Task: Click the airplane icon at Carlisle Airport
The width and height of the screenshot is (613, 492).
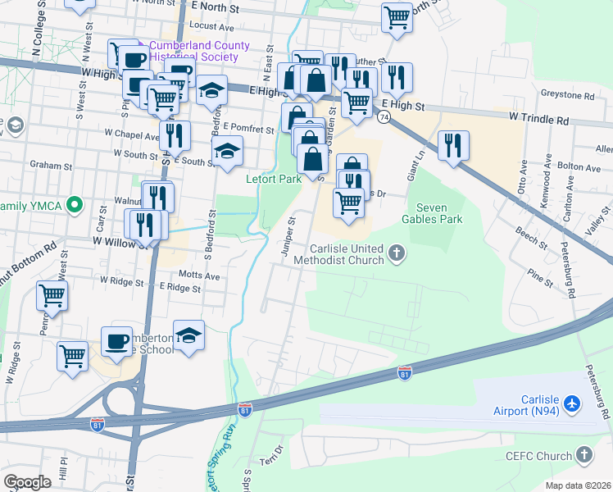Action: point(572,404)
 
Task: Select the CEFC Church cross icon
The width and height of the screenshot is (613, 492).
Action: point(584,454)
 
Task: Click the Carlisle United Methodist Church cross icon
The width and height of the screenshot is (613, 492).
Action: point(397,253)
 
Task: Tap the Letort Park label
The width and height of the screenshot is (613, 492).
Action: point(274,179)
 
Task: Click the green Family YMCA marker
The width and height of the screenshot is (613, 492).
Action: point(75,204)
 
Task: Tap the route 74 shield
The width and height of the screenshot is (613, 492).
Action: point(384,117)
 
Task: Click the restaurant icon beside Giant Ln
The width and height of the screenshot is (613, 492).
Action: point(453,145)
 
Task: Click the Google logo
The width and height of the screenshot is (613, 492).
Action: point(27,481)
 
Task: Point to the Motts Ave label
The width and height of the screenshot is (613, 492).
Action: point(199,276)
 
